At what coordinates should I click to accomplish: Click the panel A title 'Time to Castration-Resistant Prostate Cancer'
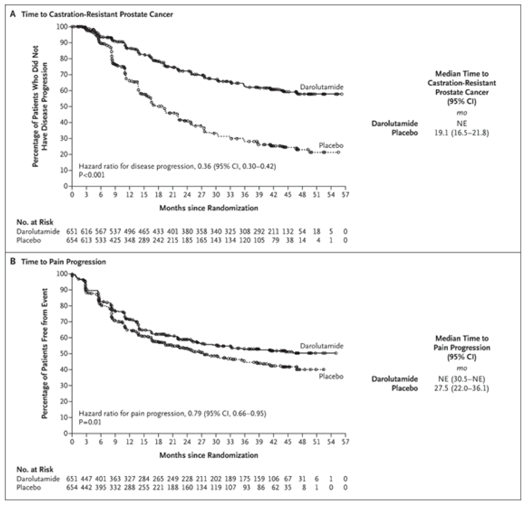(97, 14)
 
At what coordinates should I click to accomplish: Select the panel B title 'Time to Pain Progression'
(64, 262)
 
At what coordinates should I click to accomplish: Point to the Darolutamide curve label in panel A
(321, 87)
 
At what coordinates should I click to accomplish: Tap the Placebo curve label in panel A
(331, 146)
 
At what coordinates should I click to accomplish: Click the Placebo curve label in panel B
(331, 376)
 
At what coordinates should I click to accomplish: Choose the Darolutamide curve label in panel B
(321, 346)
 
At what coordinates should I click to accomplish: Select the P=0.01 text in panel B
(90, 422)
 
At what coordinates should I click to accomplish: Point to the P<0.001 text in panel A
(92, 175)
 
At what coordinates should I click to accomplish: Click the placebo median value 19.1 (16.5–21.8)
(461, 133)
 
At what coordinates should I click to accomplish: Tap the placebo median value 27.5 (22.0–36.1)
(461, 388)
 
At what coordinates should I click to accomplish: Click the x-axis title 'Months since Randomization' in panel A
(209, 208)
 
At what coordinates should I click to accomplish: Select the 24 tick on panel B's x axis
(187, 442)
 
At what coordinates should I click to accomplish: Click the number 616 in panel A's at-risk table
(86, 231)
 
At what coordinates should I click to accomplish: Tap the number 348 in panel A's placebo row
(130, 240)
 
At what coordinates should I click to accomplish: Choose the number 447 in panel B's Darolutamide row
(86, 479)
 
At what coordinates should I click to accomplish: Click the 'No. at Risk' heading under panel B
(35, 469)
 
